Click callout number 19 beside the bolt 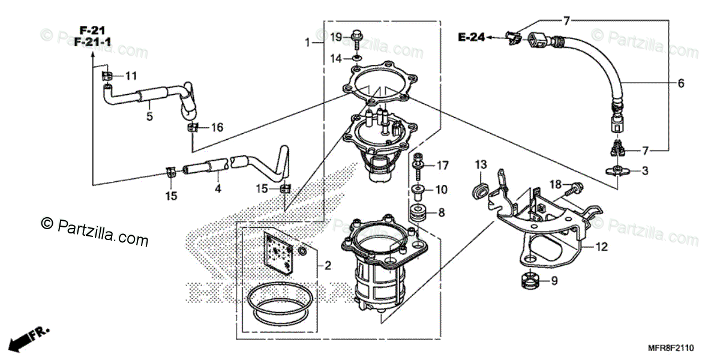point(336,37)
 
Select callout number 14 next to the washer point(336,58)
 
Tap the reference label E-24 point(471,38)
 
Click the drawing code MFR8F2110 point(671,347)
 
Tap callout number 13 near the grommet point(481,164)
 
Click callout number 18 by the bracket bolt point(555,184)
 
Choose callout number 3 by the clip point(645,171)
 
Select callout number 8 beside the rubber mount point(441,212)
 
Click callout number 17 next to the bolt point(442,165)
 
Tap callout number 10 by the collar point(441,190)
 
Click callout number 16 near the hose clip point(217,127)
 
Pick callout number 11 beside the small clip point(131,76)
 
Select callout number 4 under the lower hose point(218,188)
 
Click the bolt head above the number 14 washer point(356,33)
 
